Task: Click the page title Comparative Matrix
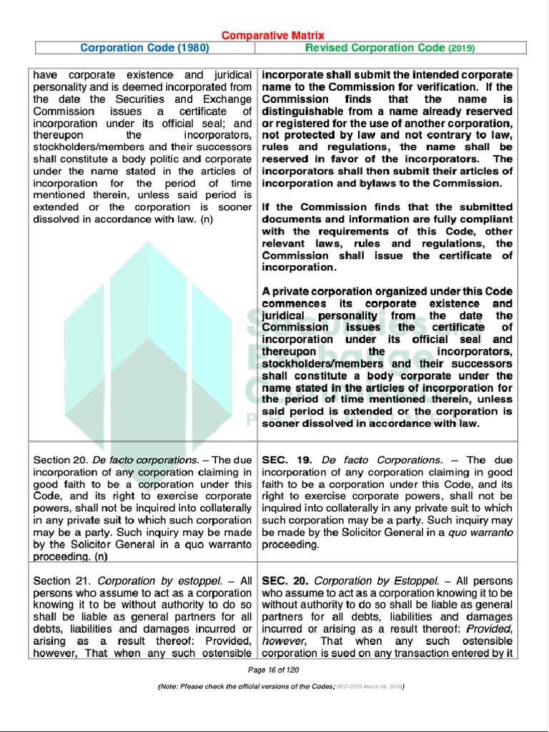(272, 35)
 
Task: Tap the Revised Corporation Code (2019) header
(390, 48)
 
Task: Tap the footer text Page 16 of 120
(273, 670)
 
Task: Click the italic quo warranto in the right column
(480, 533)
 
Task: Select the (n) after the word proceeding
(102, 557)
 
